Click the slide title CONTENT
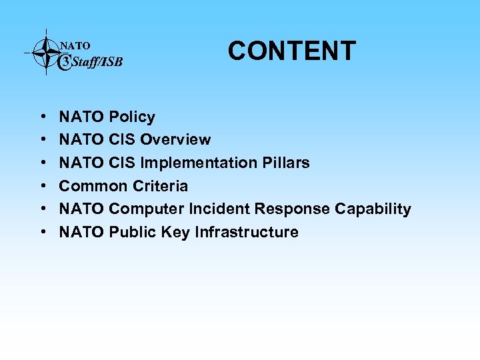(292, 51)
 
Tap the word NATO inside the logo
(75, 46)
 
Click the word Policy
(132, 117)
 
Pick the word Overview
(176, 140)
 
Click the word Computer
(147, 209)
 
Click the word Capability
(373, 209)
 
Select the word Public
(131, 232)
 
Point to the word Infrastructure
(247, 232)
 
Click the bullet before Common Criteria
(42, 187)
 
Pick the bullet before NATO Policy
(42, 118)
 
